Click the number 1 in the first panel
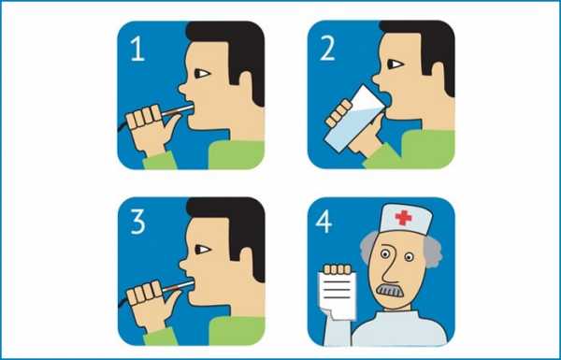click(138, 49)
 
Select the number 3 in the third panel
click(137, 223)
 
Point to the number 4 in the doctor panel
click(324, 222)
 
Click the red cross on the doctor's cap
click(403, 218)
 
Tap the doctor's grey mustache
click(389, 291)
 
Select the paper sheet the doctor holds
click(337, 295)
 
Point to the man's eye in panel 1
click(202, 74)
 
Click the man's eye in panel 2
click(395, 65)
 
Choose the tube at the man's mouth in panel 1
click(177, 109)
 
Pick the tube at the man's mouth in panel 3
click(178, 285)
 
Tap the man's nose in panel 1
click(183, 87)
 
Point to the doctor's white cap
click(406, 218)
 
